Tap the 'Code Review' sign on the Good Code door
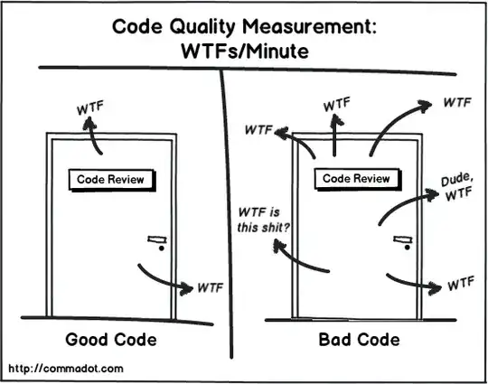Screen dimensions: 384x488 point(110,180)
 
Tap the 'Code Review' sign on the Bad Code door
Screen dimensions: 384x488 point(357,179)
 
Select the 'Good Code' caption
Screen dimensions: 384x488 point(110,341)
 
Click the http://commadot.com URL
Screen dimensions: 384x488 point(65,370)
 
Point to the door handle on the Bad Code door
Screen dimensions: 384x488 point(400,241)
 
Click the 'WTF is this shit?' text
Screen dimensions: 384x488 point(263,220)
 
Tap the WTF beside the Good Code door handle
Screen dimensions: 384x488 point(209,289)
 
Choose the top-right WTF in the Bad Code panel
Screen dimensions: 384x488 point(455,103)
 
